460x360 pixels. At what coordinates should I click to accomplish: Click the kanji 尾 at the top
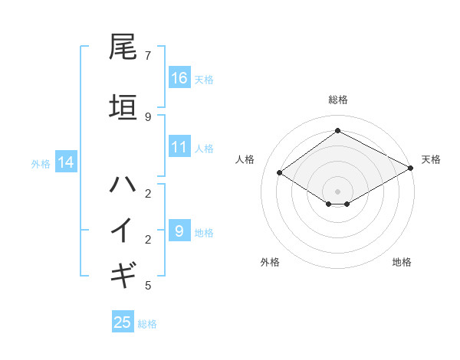pos(123,48)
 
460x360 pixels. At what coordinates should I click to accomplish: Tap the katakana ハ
pos(123,184)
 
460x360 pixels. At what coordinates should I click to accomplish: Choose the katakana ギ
pos(123,273)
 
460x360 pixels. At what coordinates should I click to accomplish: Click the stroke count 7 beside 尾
pos(147,56)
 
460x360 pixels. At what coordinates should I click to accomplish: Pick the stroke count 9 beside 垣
pos(147,116)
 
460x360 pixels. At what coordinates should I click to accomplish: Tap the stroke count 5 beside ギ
pos(147,286)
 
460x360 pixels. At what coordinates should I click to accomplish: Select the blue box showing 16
pos(179,78)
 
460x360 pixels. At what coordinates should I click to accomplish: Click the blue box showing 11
pos(179,147)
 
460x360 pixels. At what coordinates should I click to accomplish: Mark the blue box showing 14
pos(65,162)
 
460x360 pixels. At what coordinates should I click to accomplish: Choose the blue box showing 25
pos(123,322)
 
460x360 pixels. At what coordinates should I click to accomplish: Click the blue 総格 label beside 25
pos(147,324)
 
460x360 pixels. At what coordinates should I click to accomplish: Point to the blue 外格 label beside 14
pos(41,164)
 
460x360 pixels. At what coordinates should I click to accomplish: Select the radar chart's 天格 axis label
pos(432,159)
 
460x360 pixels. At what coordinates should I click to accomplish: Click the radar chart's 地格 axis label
pos(402,262)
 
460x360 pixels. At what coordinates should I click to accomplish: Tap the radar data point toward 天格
pos(411,169)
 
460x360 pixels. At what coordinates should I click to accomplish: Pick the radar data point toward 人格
pos(280,173)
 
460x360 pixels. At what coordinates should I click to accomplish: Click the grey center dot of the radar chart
pos(337,190)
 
